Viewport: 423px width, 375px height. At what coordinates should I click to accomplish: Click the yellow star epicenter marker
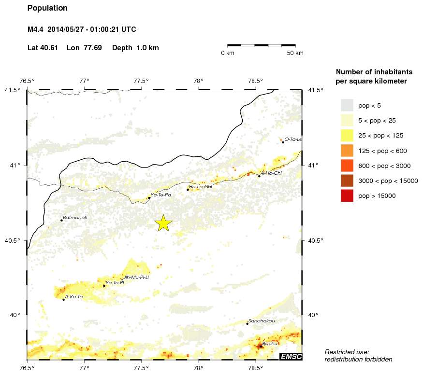click(163, 223)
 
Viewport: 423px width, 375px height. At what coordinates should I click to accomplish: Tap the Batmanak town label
click(73, 218)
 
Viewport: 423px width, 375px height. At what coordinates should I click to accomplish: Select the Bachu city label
click(270, 343)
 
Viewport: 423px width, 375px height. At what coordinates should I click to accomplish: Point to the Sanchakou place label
click(261, 321)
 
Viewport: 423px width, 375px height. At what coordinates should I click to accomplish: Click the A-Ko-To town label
click(74, 297)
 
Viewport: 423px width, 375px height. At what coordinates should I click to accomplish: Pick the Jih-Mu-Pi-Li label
click(136, 278)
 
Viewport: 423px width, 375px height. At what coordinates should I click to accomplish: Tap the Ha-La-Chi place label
click(201, 186)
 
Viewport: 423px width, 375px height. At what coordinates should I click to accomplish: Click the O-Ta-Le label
click(293, 139)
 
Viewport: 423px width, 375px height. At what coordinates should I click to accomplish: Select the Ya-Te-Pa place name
click(161, 195)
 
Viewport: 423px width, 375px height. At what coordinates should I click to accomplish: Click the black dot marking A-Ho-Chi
click(259, 176)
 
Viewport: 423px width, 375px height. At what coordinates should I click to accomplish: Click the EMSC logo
click(291, 356)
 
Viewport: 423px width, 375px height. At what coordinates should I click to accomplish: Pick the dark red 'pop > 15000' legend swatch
click(347, 195)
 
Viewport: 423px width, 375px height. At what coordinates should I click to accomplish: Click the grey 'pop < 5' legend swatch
click(347, 105)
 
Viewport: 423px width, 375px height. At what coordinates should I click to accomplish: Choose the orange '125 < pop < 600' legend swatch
click(347, 150)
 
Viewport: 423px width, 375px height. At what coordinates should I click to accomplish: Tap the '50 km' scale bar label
click(295, 53)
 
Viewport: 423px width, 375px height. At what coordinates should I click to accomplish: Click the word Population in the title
click(47, 8)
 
